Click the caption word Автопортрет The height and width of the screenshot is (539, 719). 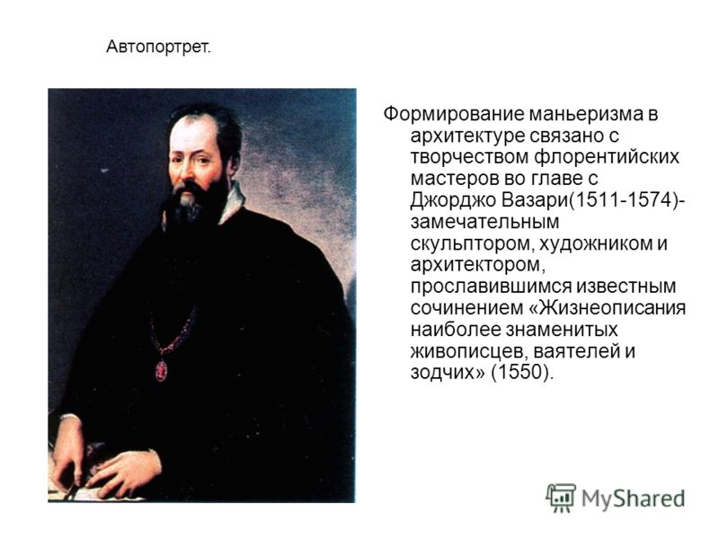pos(159,48)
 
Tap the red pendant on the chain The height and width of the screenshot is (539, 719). pos(162,370)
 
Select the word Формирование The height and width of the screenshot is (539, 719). pos(454,114)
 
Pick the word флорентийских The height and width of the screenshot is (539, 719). pos(606,157)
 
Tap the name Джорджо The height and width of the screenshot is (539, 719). pos(453,200)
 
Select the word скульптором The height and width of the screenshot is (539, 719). pos(471,243)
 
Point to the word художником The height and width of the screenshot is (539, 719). pos(595,243)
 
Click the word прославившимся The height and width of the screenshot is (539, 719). pos(490,287)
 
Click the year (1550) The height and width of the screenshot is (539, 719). pos(522,373)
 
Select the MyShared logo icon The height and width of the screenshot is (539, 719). pos(561,499)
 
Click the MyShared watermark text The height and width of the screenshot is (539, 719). pos(634,499)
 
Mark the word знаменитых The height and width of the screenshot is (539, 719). pos(563,330)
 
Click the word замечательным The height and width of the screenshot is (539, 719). pos(484,222)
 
